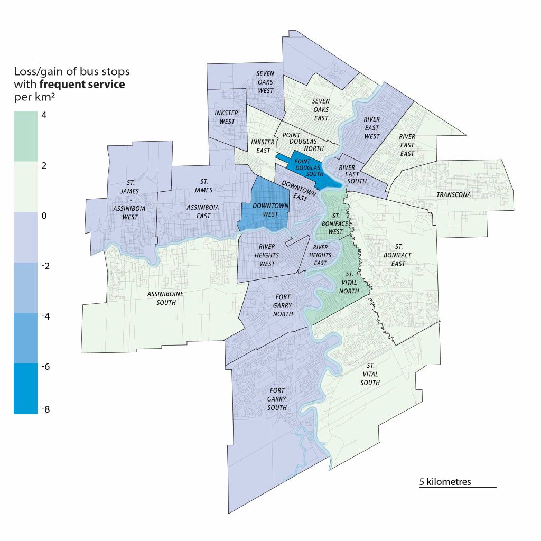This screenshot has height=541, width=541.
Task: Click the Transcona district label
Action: point(453,195)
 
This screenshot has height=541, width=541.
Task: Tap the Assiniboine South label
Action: point(162,299)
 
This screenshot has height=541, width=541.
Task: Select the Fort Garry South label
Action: point(277,399)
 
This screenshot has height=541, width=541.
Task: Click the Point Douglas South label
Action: point(302,166)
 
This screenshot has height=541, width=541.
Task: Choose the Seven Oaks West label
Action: point(265,82)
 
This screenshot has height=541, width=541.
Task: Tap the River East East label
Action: point(407,145)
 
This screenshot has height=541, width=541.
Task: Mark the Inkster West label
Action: point(227,117)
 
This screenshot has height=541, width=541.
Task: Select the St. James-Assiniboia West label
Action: point(125,199)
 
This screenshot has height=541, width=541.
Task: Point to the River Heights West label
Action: point(267,255)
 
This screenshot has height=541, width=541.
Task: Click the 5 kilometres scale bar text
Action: point(445,482)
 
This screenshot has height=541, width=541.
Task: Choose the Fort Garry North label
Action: point(283,310)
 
